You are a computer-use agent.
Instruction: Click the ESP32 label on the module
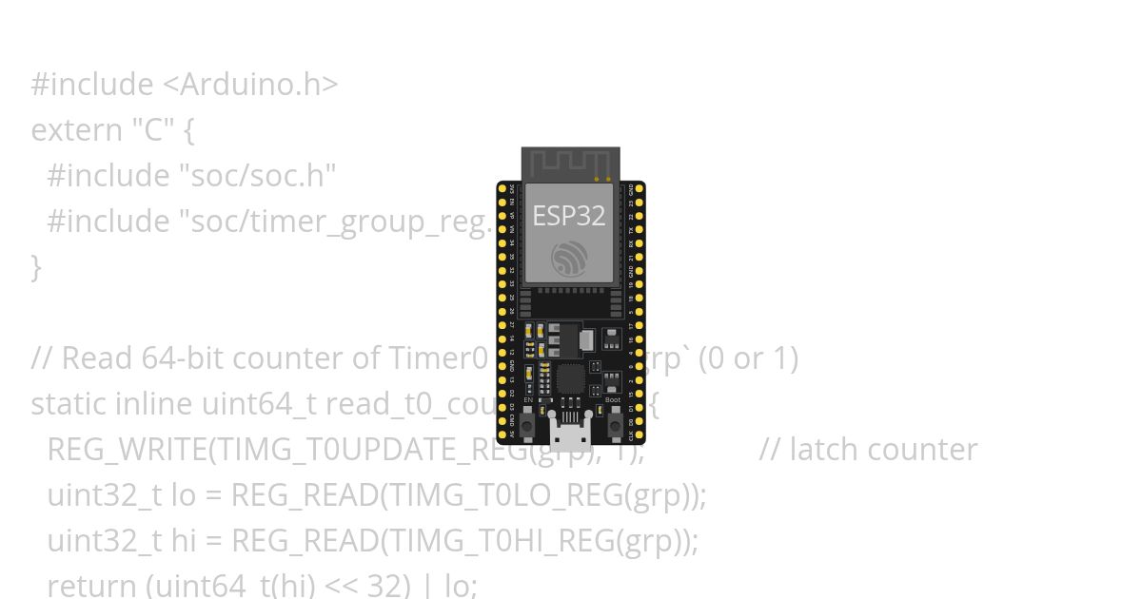click(x=569, y=216)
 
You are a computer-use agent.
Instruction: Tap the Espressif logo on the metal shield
click(x=569, y=259)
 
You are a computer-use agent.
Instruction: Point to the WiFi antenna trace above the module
click(x=569, y=164)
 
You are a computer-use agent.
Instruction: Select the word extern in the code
click(x=76, y=130)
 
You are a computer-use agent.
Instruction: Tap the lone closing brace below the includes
click(x=36, y=267)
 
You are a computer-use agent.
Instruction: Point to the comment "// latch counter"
click(x=868, y=450)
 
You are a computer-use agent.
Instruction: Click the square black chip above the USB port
click(x=569, y=378)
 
